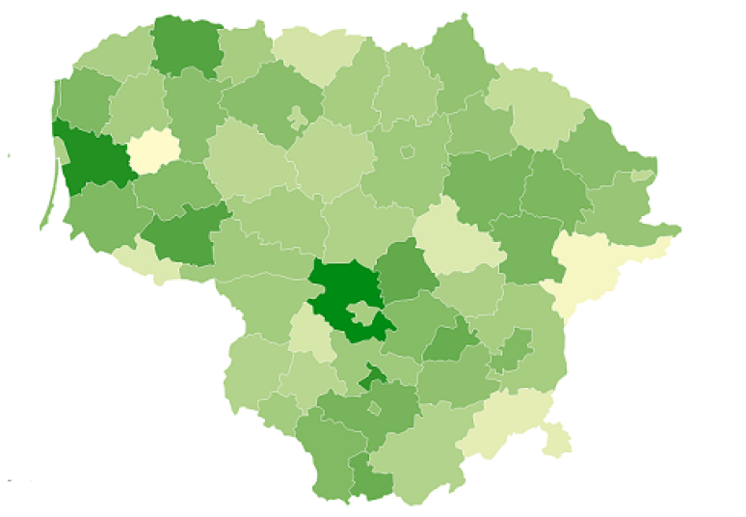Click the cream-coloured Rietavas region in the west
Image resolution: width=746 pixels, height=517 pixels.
(153, 150)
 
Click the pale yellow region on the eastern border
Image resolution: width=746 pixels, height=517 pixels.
(588, 265)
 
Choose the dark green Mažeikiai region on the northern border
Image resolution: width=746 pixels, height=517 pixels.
(183, 43)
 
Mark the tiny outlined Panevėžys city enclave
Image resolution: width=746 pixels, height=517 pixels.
(408, 151)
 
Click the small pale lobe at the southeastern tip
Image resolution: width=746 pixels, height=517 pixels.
(557, 439)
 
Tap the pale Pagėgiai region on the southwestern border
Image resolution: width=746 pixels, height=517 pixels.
(135, 258)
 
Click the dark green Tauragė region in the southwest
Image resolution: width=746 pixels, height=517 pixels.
(183, 237)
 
